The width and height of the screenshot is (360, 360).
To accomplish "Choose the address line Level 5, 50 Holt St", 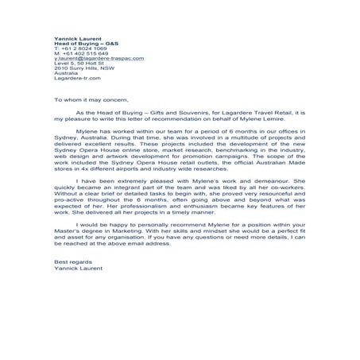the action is pos(78,70).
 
